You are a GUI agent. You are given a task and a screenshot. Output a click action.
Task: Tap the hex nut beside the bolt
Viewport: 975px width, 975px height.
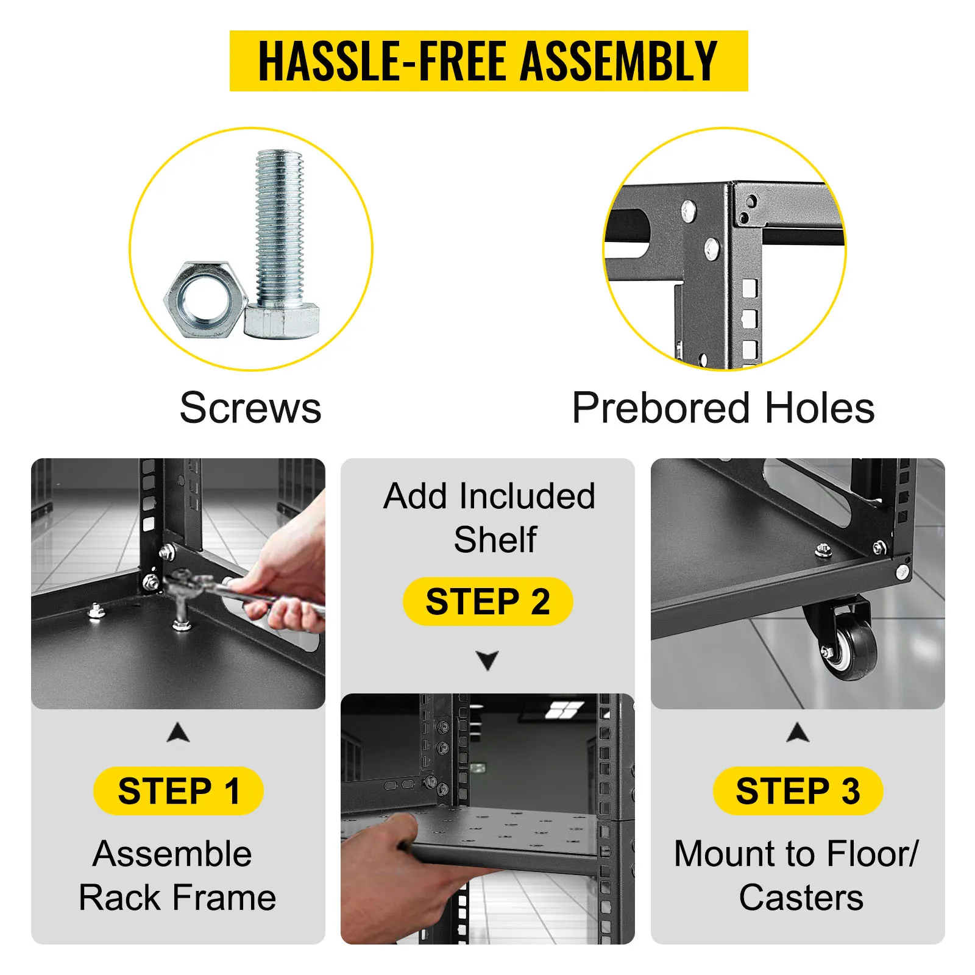pos(205,300)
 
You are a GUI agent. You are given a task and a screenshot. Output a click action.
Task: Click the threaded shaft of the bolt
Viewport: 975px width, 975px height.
pos(279,229)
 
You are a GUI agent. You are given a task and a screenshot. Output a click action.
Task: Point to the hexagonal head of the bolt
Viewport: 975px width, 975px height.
pos(282,322)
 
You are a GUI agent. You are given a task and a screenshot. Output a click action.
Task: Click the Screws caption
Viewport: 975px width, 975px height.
pos(250,408)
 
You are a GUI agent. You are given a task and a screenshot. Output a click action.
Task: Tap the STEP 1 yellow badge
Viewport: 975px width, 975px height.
pos(179,791)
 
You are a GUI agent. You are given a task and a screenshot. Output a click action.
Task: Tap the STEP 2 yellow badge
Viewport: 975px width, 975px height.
pos(487,601)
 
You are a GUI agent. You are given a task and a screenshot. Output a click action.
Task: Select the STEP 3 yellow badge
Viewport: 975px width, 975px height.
pos(798,791)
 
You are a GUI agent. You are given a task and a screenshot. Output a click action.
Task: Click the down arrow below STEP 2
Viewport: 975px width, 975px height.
pos(487,659)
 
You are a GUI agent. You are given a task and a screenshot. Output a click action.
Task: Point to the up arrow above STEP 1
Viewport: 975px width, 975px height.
pos(178,733)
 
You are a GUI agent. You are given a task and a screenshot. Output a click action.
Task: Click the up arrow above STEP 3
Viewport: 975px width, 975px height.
pos(798,733)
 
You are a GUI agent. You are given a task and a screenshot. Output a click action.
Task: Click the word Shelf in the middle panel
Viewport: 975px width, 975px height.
pos(495,539)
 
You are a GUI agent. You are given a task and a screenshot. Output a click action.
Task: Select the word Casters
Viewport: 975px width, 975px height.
pos(801,897)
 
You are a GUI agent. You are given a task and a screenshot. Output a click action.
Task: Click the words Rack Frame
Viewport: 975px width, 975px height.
pos(177,897)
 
